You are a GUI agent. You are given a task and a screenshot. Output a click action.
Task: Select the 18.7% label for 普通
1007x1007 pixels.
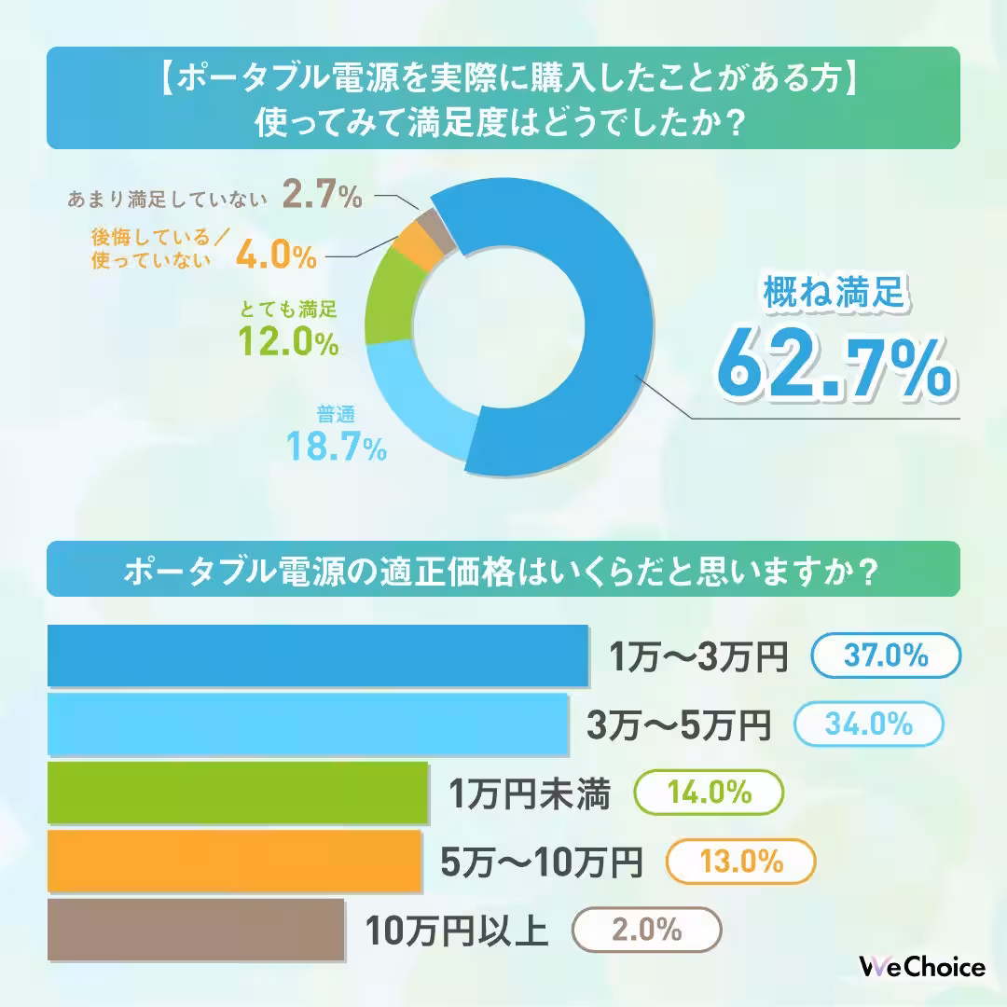[336, 449]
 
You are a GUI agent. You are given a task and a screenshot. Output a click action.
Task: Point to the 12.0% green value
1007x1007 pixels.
[287, 341]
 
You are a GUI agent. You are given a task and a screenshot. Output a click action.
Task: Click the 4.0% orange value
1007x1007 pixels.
[275, 255]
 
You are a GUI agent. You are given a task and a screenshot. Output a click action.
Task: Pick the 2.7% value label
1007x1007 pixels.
[321, 197]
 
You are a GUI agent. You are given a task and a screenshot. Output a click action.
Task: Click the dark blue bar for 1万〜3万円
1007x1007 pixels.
[317, 655]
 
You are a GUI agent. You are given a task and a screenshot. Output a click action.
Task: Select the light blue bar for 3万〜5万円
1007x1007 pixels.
[308, 724]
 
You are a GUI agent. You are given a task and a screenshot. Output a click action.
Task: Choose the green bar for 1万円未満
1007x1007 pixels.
[237, 793]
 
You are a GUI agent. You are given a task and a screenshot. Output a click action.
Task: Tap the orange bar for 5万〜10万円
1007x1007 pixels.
[233, 861]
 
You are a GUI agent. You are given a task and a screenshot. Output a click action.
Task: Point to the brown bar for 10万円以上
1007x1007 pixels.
[196, 930]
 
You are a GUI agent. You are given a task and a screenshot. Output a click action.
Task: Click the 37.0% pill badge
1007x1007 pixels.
[885, 656]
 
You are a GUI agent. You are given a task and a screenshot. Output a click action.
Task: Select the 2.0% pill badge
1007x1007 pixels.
[646, 930]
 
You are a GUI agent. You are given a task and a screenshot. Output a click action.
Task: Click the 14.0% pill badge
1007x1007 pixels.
[709, 793]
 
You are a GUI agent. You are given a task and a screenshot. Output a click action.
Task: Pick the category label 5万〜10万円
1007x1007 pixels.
[541, 862]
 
